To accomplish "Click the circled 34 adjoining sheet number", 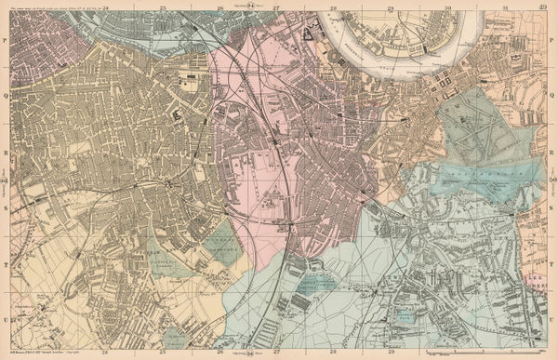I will click(x=276, y=6).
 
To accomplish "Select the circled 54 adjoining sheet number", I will click(x=276, y=353).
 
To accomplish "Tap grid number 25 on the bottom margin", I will click(x=163, y=353).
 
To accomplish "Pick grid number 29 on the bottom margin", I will click(x=391, y=353).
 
